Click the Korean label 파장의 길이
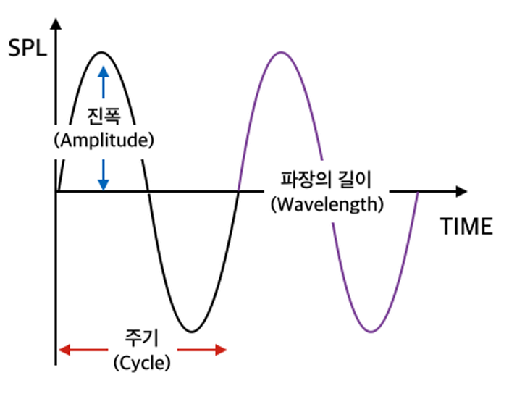pyautogui.click(x=326, y=179)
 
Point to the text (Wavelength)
pyautogui.click(x=327, y=203)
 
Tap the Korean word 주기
pyautogui.click(x=142, y=337)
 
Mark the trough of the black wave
pyautogui.click(x=190, y=332)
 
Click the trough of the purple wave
pyautogui.click(x=370, y=332)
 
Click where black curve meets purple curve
pyautogui.click(x=238, y=192)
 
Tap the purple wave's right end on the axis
pyautogui.click(x=418, y=192)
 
